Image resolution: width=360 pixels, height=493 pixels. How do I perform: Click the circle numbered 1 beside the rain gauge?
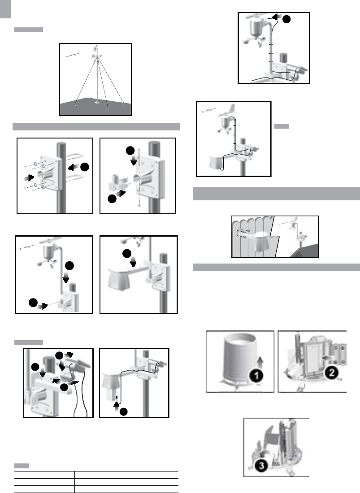(x=254, y=377)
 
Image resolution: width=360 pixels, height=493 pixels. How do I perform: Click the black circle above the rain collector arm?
(x=127, y=254)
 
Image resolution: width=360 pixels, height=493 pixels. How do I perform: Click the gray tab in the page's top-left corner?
(x=4, y=9)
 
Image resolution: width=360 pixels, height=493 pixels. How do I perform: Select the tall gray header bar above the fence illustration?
(x=276, y=194)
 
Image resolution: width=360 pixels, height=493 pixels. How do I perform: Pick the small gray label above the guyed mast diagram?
(x=28, y=30)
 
